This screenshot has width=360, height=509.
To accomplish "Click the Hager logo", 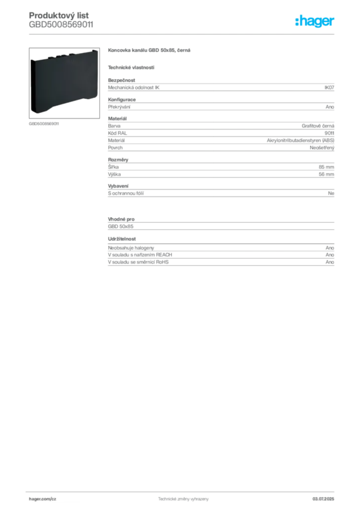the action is [314, 21].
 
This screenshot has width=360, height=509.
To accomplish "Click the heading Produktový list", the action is [59, 15].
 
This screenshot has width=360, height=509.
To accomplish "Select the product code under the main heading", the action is [61, 25].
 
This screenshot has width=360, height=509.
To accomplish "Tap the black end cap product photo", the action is [64, 83].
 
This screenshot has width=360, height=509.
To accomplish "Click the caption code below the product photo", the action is [44, 124].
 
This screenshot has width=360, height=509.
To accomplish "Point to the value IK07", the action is [329, 87].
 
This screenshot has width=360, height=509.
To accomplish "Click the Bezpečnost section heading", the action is [121, 80].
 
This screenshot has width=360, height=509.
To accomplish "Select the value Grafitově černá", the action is [318, 126].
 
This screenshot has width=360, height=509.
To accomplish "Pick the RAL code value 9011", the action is [329, 133].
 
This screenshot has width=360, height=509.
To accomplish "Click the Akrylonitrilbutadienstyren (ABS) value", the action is [300, 140].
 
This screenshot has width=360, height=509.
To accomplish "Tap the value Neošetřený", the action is [322, 148].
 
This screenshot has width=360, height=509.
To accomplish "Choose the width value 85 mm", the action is [326, 167].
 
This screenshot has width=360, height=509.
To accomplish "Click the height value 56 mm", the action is [326, 174].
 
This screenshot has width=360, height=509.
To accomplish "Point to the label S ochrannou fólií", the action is [126, 193].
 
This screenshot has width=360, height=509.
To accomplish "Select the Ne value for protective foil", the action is [331, 193].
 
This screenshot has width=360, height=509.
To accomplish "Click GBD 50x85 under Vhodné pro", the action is [121, 227].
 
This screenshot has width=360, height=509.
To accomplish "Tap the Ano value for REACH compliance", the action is [330, 255].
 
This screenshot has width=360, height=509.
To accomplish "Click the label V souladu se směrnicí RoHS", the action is [138, 262].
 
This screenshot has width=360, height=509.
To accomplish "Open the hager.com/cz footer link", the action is [43, 499].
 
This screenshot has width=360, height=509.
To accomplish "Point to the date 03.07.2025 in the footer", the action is [323, 499].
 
